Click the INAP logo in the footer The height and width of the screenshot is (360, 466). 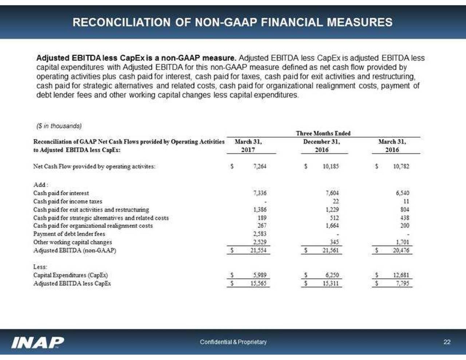[x=38, y=342]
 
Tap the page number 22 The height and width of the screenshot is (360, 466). [x=447, y=342]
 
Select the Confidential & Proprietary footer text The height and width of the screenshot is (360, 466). [x=233, y=342]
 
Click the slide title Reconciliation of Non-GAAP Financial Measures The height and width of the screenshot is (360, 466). [x=232, y=22]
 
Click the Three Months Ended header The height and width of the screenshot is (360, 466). [x=323, y=134]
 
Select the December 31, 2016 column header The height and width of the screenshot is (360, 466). [x=321, y=146]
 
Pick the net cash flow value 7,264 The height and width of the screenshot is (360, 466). [x=260, y=166]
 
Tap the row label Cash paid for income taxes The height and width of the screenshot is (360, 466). [x=68, y=201]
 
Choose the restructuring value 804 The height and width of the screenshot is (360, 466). [x=404, y=210]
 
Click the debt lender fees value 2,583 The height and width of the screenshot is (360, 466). [x=260, y=234]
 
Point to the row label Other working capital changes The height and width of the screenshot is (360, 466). [x=72, y=242]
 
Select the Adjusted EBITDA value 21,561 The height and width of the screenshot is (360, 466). [x=331, y=250]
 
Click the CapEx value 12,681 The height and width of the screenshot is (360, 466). [x=402, y=275]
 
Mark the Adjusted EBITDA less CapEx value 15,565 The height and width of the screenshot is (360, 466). [x=258, y=284]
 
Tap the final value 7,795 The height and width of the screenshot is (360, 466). [x=403, y=284]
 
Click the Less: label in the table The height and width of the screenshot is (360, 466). [x=40, y=267]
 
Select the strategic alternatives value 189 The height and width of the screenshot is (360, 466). [x=262, y=218]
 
